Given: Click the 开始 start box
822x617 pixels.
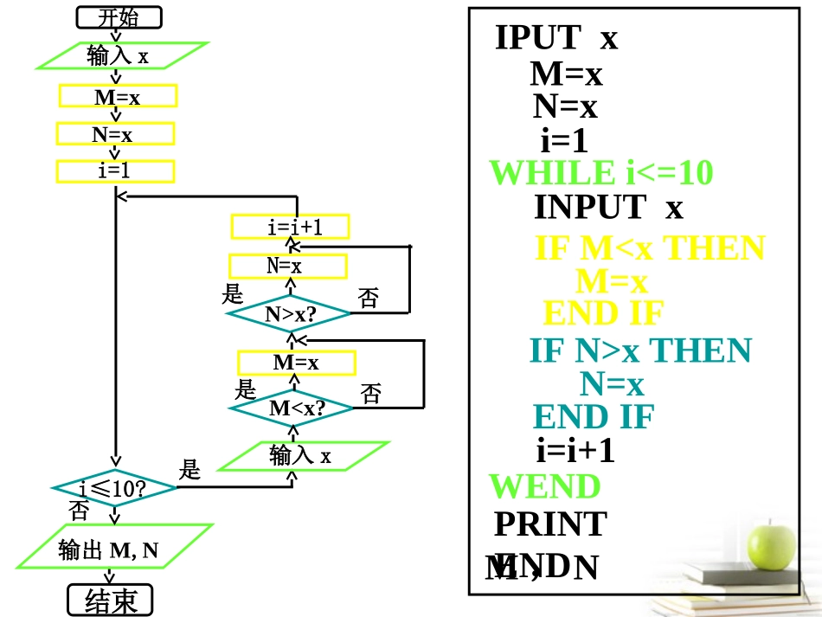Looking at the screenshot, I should pos(119,17).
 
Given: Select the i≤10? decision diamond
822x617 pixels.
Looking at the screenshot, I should pos(114,489).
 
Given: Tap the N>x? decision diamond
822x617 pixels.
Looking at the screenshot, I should pos(289,314).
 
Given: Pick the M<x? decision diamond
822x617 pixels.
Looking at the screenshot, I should pos(292,408).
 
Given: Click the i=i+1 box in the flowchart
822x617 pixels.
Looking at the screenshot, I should pos(291,227).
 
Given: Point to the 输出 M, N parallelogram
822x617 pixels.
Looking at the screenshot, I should pos(114,550).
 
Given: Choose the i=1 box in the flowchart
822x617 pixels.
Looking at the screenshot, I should pos(115,171).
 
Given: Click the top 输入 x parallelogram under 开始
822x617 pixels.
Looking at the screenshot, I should pos(121,56).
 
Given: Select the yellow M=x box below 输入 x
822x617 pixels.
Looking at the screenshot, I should pos(118,96).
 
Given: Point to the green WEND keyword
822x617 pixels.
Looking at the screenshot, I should pos(545,486).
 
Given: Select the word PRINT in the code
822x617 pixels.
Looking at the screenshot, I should pos(550,524).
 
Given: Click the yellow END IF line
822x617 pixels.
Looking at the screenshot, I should pos(603,312).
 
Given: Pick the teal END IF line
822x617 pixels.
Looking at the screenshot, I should pos(594,416).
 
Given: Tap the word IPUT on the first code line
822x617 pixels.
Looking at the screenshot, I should pos(537,37).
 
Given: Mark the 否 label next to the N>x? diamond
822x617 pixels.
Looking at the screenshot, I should pos(369,299).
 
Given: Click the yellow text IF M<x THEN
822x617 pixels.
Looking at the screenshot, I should pos(651,248).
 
